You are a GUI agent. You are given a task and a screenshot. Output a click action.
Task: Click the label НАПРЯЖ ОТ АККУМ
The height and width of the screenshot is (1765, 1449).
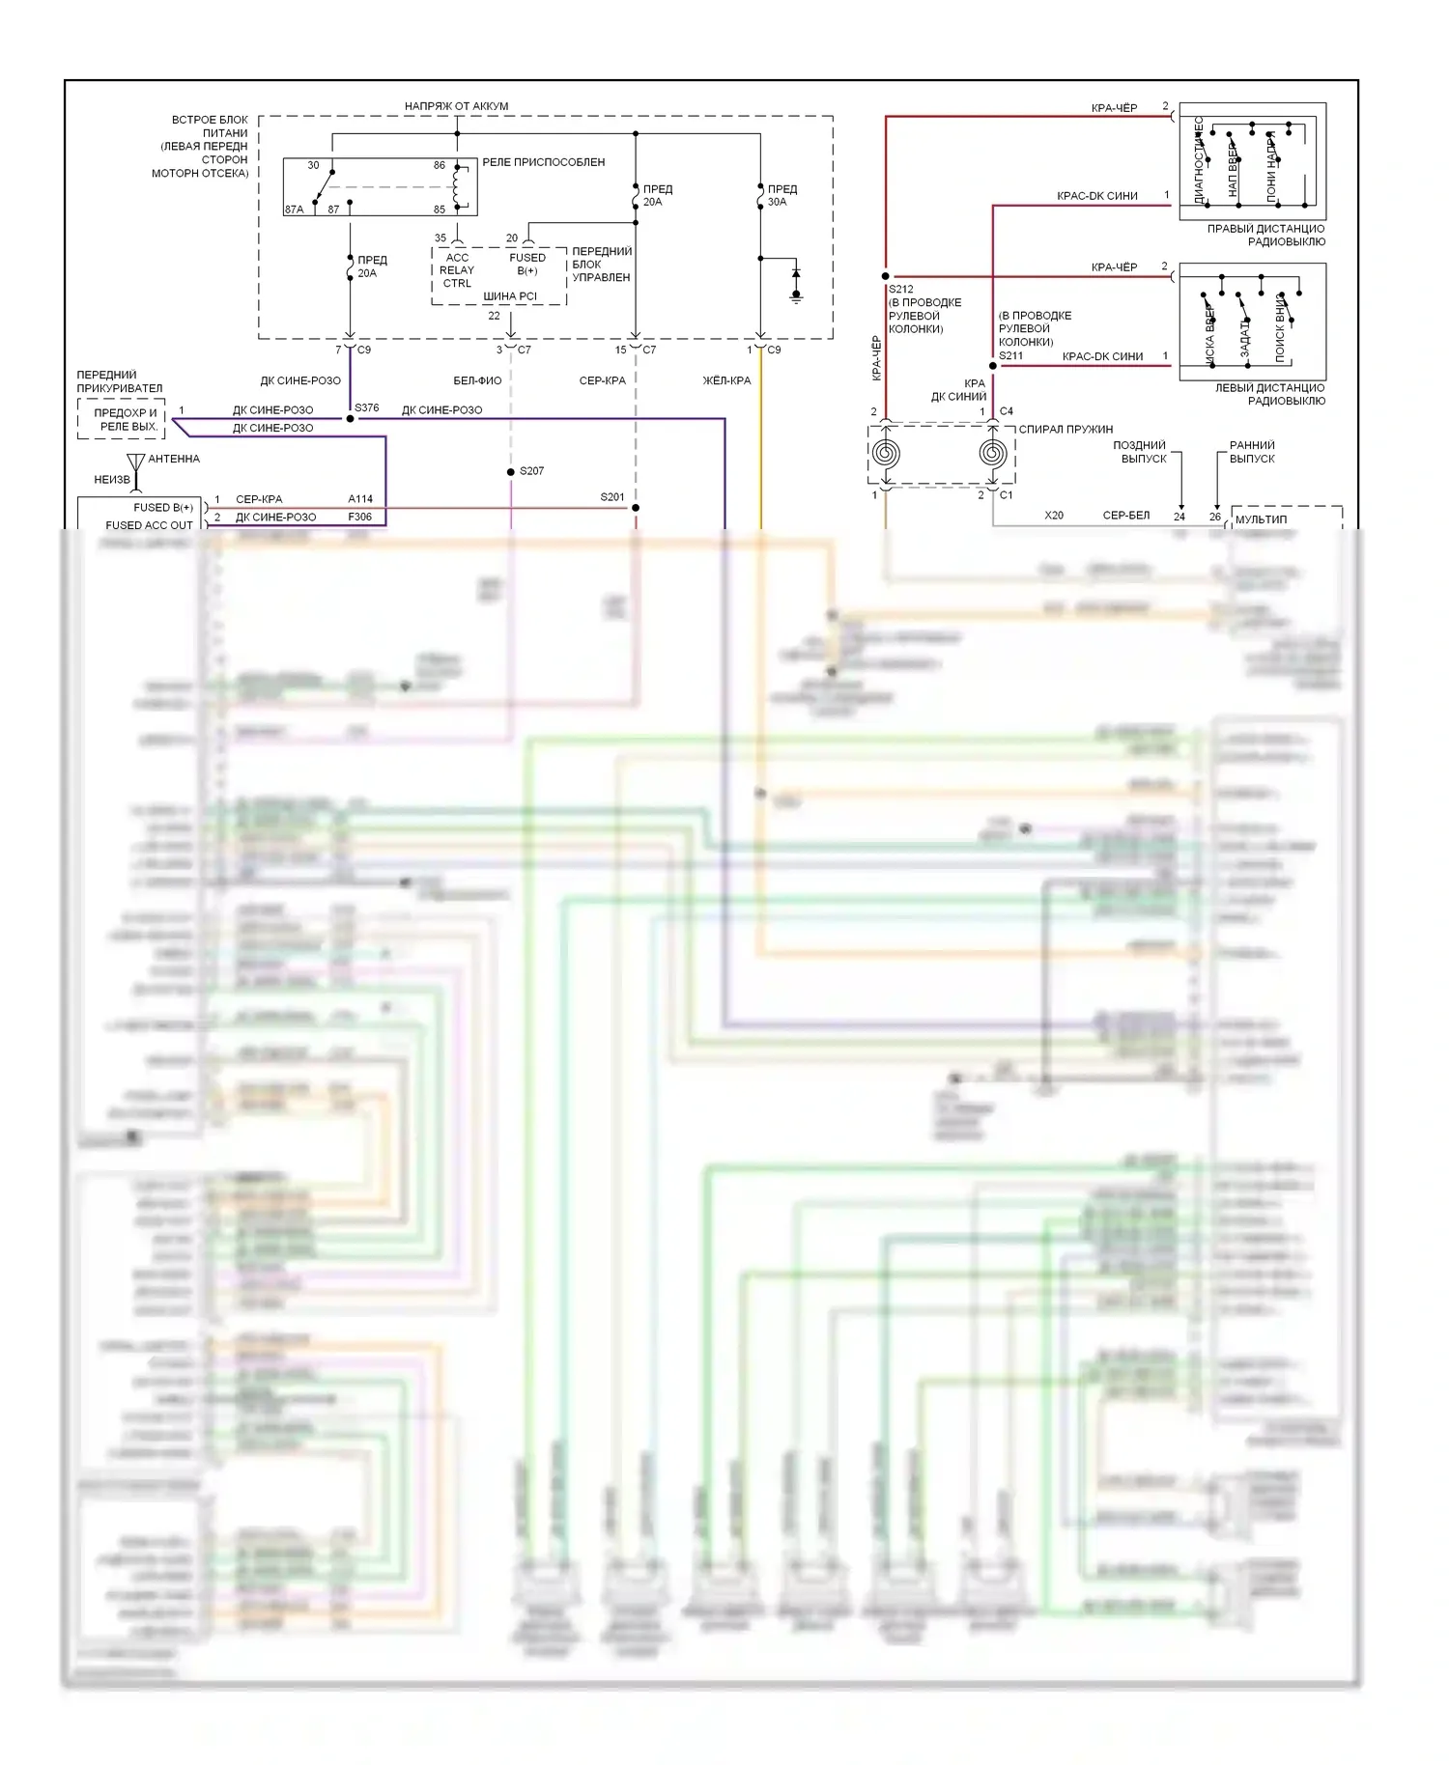(x=456, y=106)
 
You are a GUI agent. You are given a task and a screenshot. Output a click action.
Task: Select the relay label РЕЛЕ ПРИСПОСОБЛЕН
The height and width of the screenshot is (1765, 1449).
(x=543, y=162)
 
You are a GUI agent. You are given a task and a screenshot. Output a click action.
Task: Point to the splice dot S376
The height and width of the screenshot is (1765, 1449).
(x=350, y=418)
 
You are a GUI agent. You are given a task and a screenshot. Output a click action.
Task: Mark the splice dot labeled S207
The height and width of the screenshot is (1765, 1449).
(x=511, y=472)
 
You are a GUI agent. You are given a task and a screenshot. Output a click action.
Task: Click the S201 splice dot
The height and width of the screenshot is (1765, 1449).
(x=636, y=507)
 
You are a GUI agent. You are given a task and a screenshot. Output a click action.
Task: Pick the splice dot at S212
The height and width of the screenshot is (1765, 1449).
(x=886, y=276)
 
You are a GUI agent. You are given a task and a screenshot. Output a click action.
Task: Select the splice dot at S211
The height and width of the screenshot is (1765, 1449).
(x=992, y=366)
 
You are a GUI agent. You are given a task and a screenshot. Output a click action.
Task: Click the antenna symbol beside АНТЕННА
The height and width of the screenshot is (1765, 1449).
(x=136, y=465)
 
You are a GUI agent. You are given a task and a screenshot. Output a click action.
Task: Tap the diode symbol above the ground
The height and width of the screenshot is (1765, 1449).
(x=796, y=274)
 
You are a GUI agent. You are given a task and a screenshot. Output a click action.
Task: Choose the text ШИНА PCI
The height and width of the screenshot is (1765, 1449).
(x=510, y=296)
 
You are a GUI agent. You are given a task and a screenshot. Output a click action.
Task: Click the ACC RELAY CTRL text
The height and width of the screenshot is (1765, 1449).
(x=457, y=270)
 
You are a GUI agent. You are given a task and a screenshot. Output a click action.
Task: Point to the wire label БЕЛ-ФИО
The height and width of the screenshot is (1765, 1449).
(x=477, y=380)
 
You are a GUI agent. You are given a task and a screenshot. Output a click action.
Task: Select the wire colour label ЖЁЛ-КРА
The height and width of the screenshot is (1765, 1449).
(x=726, y=380)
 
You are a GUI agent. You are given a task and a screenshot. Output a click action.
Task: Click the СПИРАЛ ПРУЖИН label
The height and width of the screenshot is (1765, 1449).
(x=1065, y=429)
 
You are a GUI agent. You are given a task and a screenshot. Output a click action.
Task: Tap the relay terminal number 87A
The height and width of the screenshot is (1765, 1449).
(x=294, y=210)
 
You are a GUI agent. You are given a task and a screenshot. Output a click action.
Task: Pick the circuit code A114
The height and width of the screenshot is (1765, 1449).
(x=360, y=499)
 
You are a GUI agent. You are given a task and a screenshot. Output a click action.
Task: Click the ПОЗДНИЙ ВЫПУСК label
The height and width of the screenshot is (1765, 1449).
(x=1141, y=452)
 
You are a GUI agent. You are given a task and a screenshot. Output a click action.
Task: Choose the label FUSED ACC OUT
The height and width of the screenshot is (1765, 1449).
(x=149, y=525)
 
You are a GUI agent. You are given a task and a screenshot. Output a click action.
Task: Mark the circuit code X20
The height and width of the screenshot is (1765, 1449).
(x=1054, y=516)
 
